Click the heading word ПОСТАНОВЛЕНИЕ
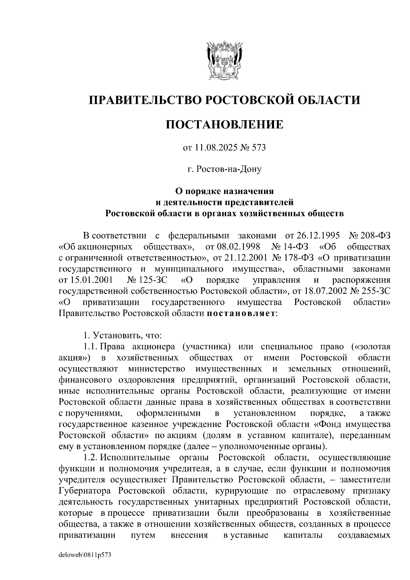point(224,124)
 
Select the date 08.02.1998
point(233,247)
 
